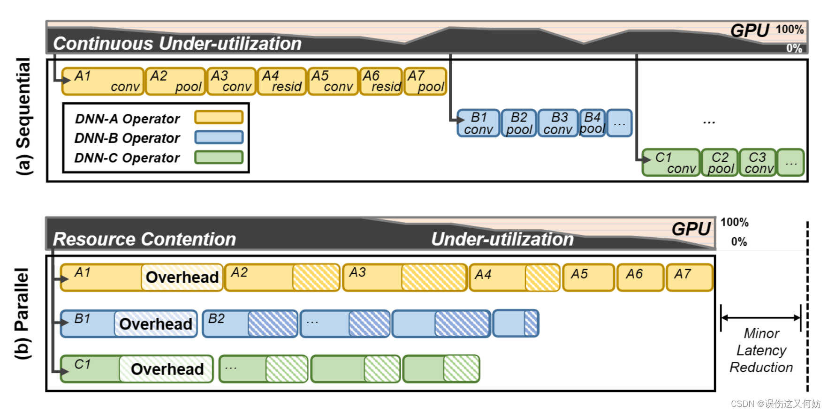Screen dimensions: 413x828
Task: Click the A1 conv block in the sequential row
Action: (x=103, y=82)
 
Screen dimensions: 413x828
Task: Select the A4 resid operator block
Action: (x=282, y=82)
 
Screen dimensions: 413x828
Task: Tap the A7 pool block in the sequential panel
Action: (x=425, y=82)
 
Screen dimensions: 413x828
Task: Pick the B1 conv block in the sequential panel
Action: (x=479, y=123)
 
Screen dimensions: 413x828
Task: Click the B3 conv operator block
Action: (x=558, y=123)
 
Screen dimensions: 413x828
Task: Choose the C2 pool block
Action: (x=720, y=163)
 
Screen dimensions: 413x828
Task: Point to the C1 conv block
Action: (x=671, y=163)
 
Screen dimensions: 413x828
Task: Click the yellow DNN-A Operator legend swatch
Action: (x=219, y=117)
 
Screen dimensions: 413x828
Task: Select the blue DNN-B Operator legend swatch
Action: (x=219, y=137)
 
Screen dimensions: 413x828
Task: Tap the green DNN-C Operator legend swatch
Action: (x=219, y=157)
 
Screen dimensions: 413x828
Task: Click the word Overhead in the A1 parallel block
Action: (x=182, y=278)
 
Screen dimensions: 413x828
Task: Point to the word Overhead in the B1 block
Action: (x=156, y=324)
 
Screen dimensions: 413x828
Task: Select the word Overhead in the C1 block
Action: (x=167, y=369)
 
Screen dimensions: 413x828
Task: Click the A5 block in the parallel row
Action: (x=588, y=278)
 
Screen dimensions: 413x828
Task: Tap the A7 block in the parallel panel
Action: (x=689, y=278)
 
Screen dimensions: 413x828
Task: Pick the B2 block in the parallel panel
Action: (x=250, y=323)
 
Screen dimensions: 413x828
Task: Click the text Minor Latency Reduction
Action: (x=761, y=350)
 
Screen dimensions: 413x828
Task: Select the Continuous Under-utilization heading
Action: (x=177, y=44)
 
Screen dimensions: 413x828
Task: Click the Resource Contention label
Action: (x=144, y=239)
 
